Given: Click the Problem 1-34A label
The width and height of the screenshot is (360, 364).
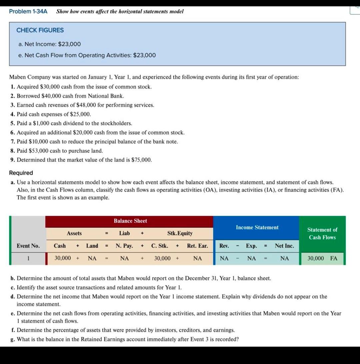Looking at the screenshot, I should [28, 11].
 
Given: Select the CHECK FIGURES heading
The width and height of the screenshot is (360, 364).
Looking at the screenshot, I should [40, 30].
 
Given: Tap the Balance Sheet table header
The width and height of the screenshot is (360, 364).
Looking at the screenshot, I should [130, 221].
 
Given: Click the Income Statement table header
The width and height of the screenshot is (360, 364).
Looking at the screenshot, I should [257, 227].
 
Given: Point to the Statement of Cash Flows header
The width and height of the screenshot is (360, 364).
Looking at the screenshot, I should [322, 234].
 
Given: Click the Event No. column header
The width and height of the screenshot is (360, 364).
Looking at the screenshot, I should [28, 246].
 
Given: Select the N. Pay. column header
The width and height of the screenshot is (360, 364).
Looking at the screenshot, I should [124, 246].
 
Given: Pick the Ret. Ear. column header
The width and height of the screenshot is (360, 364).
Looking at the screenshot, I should [197, 246].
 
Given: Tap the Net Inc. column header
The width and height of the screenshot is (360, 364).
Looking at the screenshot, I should [284, 246].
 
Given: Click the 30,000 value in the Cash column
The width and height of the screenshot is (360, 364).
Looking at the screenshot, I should [62, 258].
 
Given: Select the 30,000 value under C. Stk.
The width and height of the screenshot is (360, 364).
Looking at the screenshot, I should [162, 258].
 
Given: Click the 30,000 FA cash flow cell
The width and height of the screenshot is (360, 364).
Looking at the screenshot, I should [322, 258].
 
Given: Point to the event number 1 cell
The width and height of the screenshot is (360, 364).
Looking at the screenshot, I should [29, 258].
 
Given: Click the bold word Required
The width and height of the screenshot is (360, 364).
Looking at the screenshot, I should [21, 173].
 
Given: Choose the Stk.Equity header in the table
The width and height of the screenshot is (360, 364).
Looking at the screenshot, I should [180, 233].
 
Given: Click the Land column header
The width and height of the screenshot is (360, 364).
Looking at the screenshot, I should [92, 246].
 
